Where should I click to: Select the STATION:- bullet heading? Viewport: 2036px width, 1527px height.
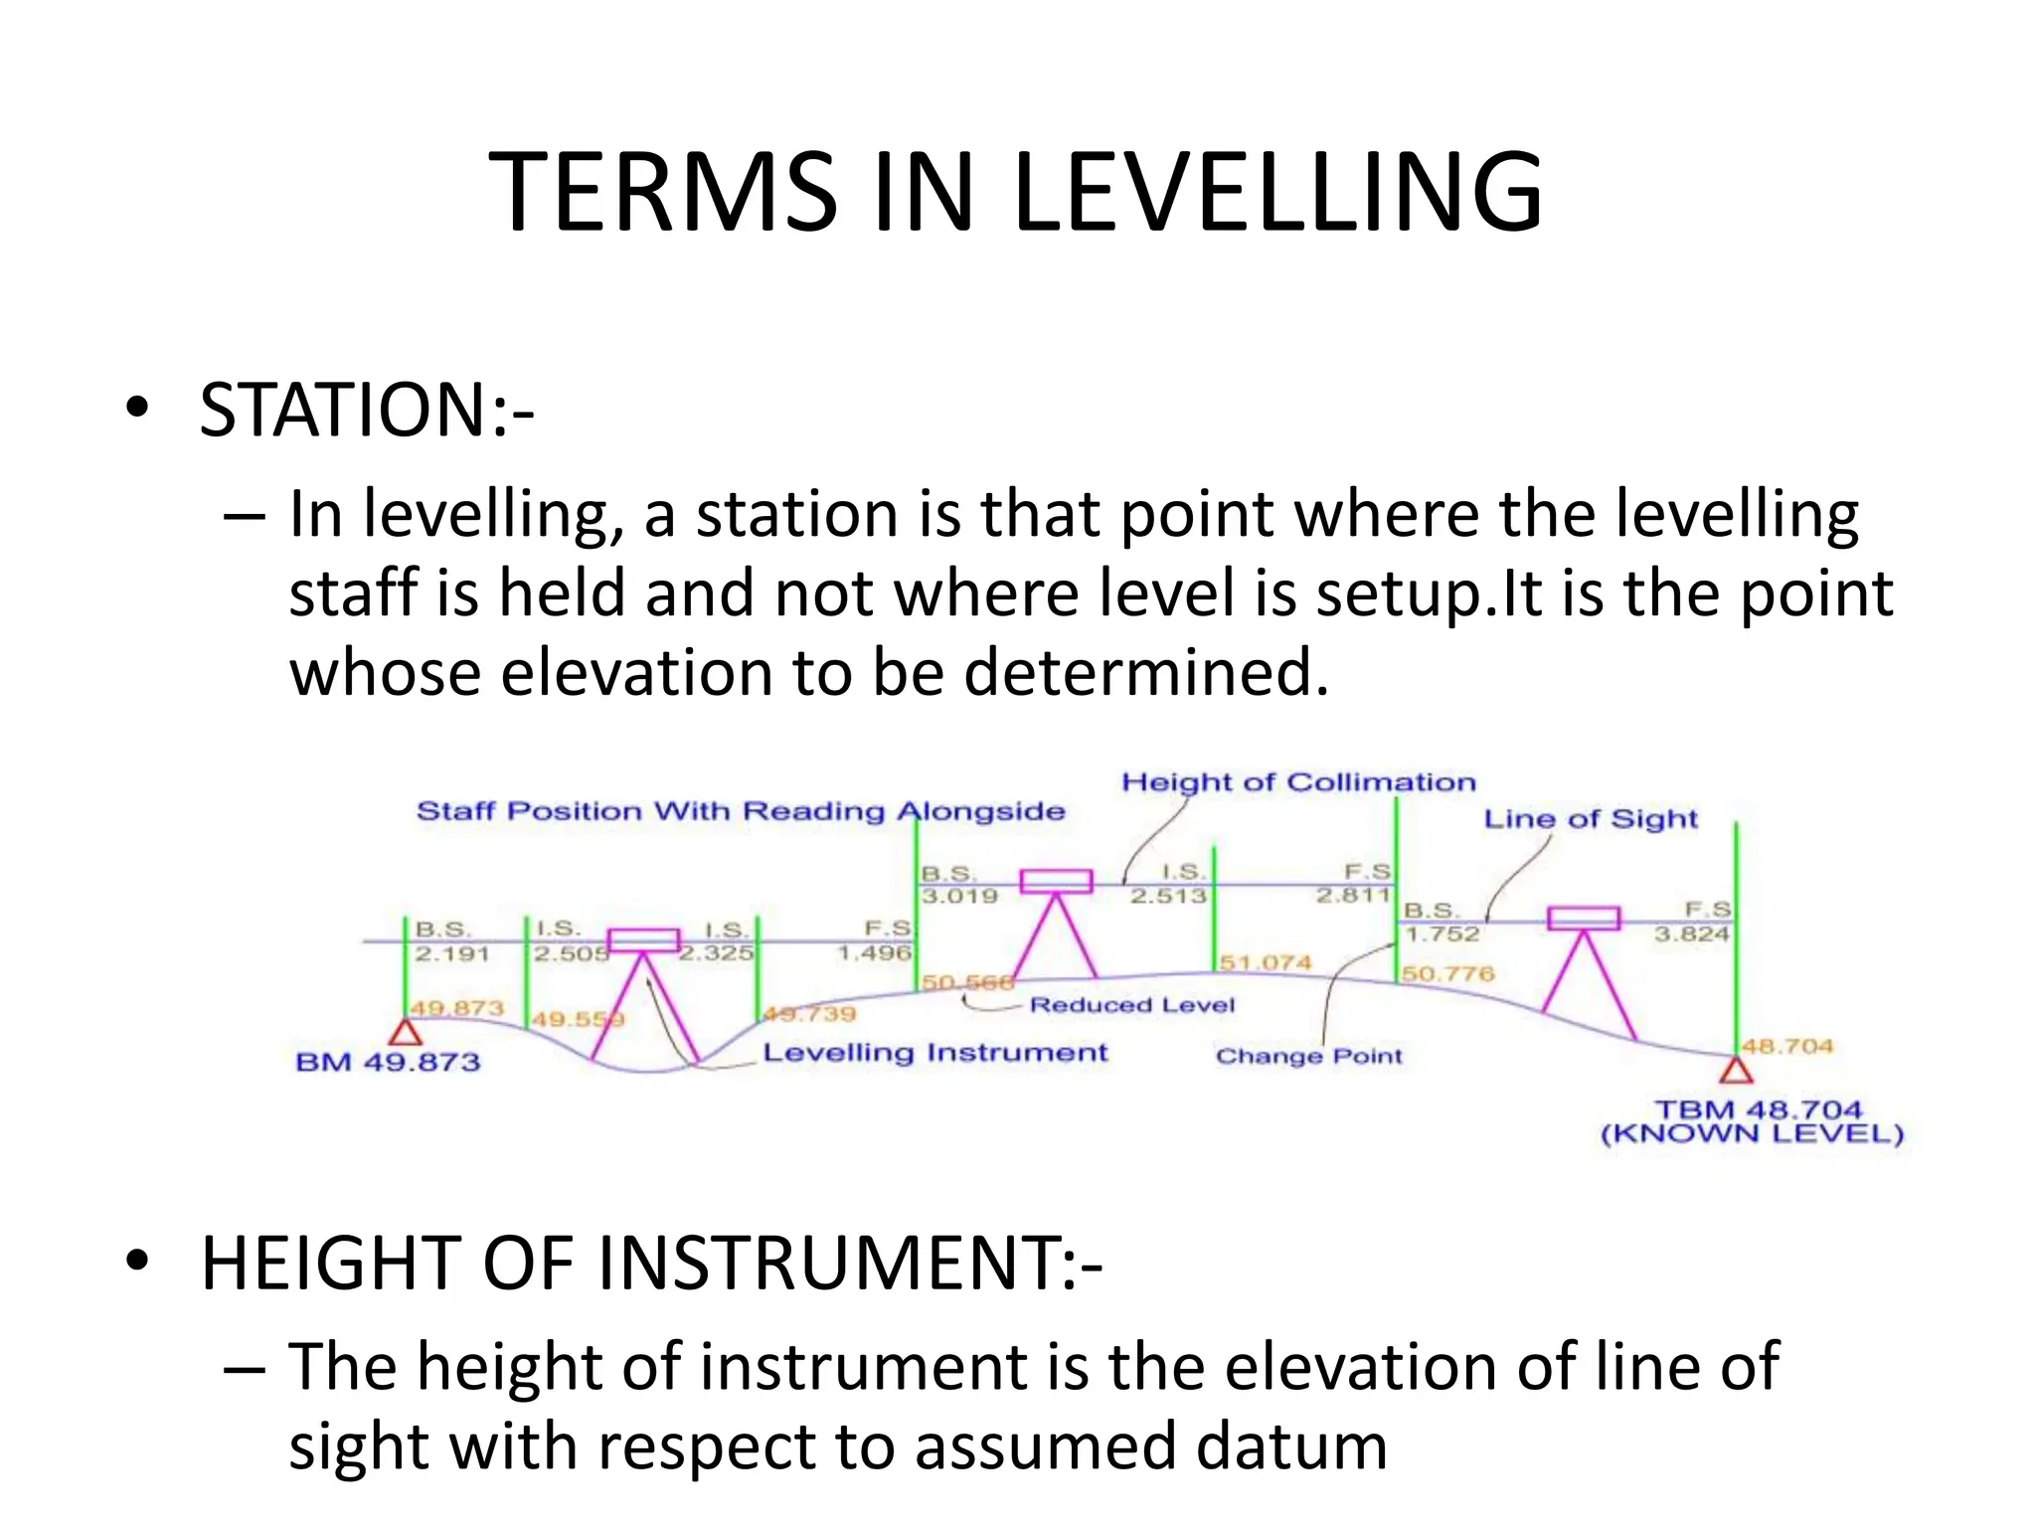(366, 410)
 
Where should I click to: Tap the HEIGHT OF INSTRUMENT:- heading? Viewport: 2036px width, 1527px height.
(651, 1263)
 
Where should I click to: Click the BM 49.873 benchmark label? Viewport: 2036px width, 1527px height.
(388, 1062)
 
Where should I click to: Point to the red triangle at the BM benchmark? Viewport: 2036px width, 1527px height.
(405, 1034)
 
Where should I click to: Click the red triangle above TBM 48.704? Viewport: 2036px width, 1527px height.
(1736, 1071)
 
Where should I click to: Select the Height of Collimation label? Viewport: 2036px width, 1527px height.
(1298, 782)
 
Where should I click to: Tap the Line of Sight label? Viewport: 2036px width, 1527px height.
(1591, 819)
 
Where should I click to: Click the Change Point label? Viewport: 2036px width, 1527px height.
(1308, 1056)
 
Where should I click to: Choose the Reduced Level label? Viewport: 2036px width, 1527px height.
(1131, 1005)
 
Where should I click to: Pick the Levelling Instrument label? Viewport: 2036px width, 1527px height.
(934, 1053)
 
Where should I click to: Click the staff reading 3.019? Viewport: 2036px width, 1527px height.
(959, 896)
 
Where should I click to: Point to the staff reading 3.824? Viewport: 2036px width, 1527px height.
(1691, 933)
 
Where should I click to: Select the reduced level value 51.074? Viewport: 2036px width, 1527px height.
(1265, 962)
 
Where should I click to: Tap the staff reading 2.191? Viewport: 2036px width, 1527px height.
(452, 953)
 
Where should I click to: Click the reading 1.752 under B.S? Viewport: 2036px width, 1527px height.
(1442, 933)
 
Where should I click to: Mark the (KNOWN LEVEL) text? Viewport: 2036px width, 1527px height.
(1752, 1134)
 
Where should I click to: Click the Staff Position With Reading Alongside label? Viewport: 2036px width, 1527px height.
(741, 811)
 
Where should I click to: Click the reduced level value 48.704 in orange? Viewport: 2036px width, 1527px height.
(1786, 1046)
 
